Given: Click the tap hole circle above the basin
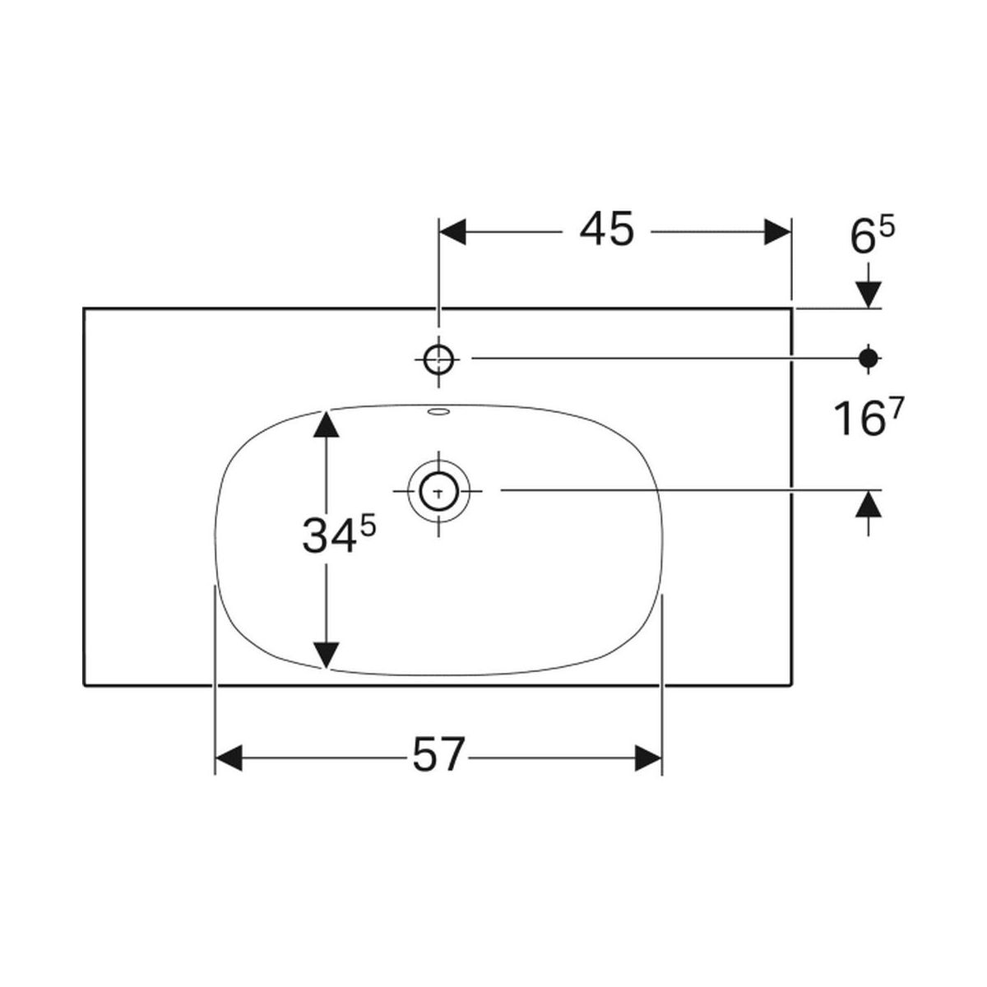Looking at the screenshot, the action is point(438,359).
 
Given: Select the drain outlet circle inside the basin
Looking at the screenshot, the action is point(438,490).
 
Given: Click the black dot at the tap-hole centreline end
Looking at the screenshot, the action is point(869,359).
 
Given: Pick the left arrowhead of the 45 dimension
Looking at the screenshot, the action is point(452,231).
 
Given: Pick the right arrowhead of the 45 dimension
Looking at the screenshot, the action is point(777,231).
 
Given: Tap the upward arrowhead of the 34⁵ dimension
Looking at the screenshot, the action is point(327,424).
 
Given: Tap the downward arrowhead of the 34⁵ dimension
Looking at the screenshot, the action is point(327,656).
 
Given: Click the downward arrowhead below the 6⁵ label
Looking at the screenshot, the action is point(868,295).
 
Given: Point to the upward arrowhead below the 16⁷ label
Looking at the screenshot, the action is point(868,503).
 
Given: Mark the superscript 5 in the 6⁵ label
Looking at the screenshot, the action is point(887,227).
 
